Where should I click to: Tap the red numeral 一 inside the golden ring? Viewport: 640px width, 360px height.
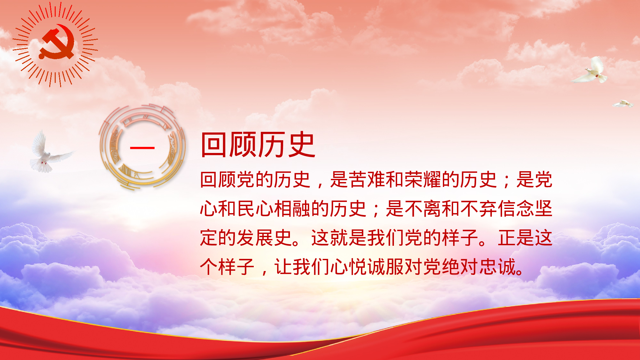pyautogui.click(x=142, y=148)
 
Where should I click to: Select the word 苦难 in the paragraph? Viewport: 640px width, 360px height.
pyautogui.click(x=367, y=180)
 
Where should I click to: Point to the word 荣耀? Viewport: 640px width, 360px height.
pyautogui.click(x=422, y=180)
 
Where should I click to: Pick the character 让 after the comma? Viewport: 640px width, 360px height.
pyautogui.click(x=283, y=267)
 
